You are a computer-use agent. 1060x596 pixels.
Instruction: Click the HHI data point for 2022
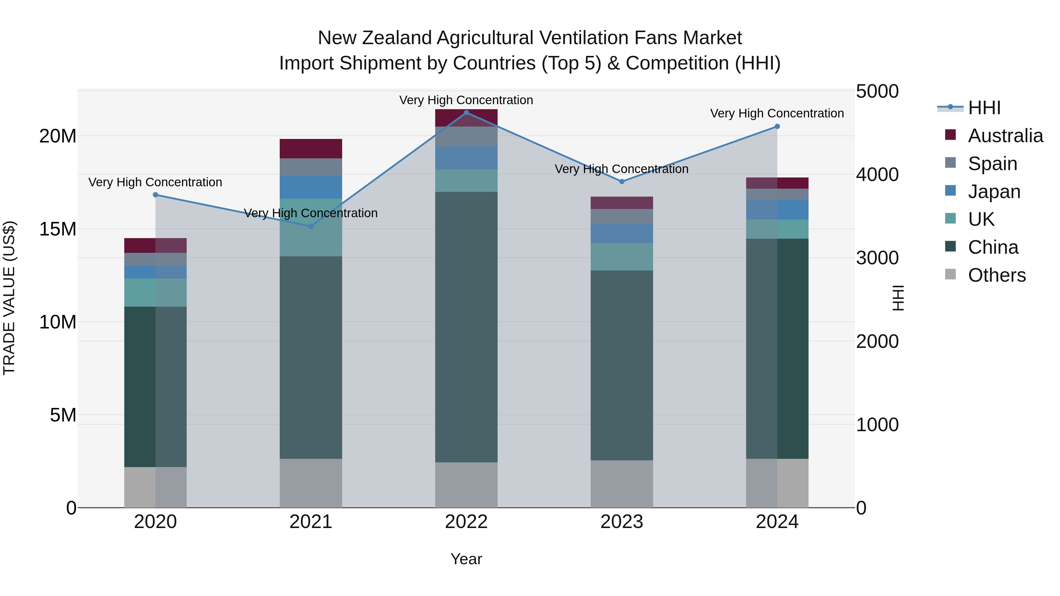pyautogui.click(x=466, y=113)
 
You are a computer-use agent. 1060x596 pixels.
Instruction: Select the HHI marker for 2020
pyautogui.click(x=155, y=195)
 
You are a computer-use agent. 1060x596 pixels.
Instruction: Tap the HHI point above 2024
pyautogui.click(x=777, y=127)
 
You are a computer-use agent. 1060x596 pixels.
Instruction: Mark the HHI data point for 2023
pyautogui.click(x=622, y=181)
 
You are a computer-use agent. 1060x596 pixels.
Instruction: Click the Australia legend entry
pyautogui.click(x=1005, y=136)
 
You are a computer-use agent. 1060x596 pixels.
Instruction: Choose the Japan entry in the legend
pyautogui.click(x=994, y=192)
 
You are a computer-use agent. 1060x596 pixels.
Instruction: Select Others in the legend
pyautogui.click(x=997, y=275)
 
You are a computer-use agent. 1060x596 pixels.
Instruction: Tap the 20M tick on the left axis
pyautogui.click(x=58, y=136)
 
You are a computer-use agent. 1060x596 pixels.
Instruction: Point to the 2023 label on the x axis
pyautogui.click(x=622, y=522)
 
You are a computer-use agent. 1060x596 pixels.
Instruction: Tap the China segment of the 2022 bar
pyautogui.click(x=466, y=327)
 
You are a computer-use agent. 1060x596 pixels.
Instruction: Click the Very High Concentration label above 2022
pyautogui.click(x=466, y=100)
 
